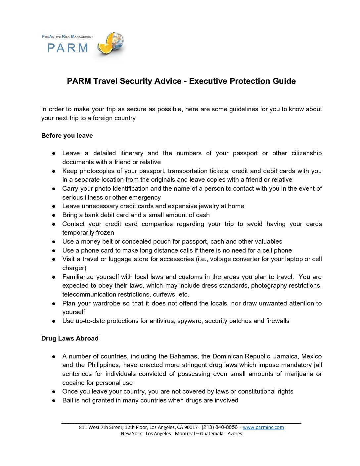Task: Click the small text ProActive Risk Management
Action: click(x=67, y=36)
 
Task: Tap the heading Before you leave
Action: click(x=67, y=136)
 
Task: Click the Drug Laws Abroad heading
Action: click(x=70, y=339)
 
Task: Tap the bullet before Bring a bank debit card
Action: click(x=54, y=215)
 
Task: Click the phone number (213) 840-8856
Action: click(x=219, y=427)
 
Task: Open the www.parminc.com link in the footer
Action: click(x=263, y=427)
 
